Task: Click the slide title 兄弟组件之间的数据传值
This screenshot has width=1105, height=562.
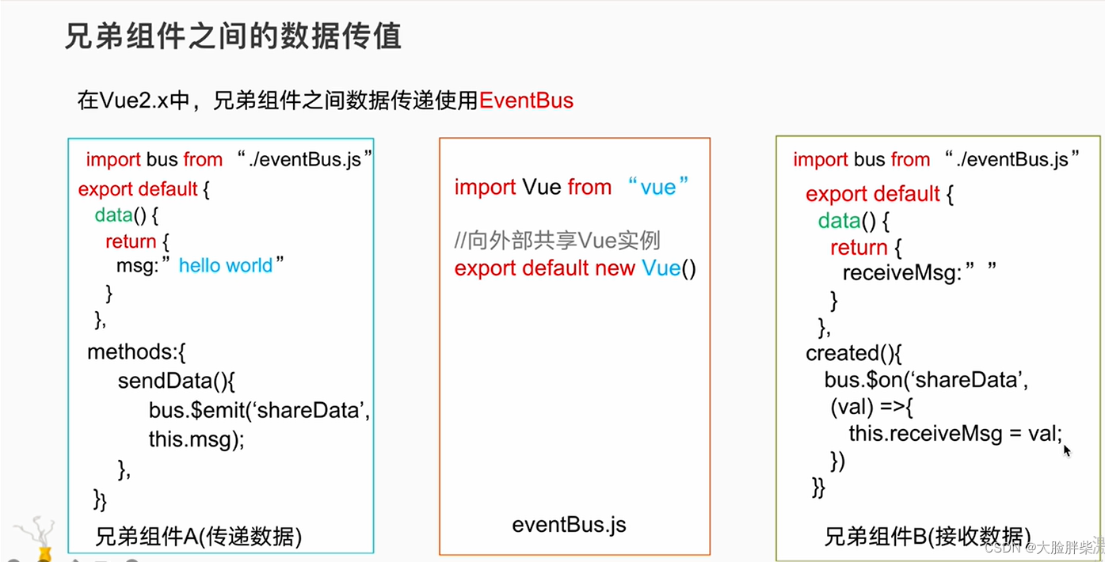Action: click(x=233, y=37)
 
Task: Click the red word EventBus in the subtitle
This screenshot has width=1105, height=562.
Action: click(x=526, y=101)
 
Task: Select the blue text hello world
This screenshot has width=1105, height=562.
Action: click(x=226, y=266)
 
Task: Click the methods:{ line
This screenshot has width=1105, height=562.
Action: click(x=136, y=351)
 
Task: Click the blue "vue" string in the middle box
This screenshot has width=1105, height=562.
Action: click(x=657, y=188)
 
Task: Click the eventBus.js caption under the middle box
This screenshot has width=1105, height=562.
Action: click(x=569, y=524)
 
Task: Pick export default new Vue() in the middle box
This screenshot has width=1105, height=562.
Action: click(x=575, y=268)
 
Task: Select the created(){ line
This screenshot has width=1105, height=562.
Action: click(x=854, y=353)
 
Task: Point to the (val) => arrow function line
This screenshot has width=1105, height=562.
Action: click(x=872, y=408)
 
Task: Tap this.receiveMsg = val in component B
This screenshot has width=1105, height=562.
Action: click(x=954, y=434)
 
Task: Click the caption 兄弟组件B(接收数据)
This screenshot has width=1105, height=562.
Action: click(x=928, y=536)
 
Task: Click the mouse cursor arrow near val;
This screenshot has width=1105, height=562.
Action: click(x=1066, y=450)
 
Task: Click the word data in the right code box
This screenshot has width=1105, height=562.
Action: click(x=840, y=221)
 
